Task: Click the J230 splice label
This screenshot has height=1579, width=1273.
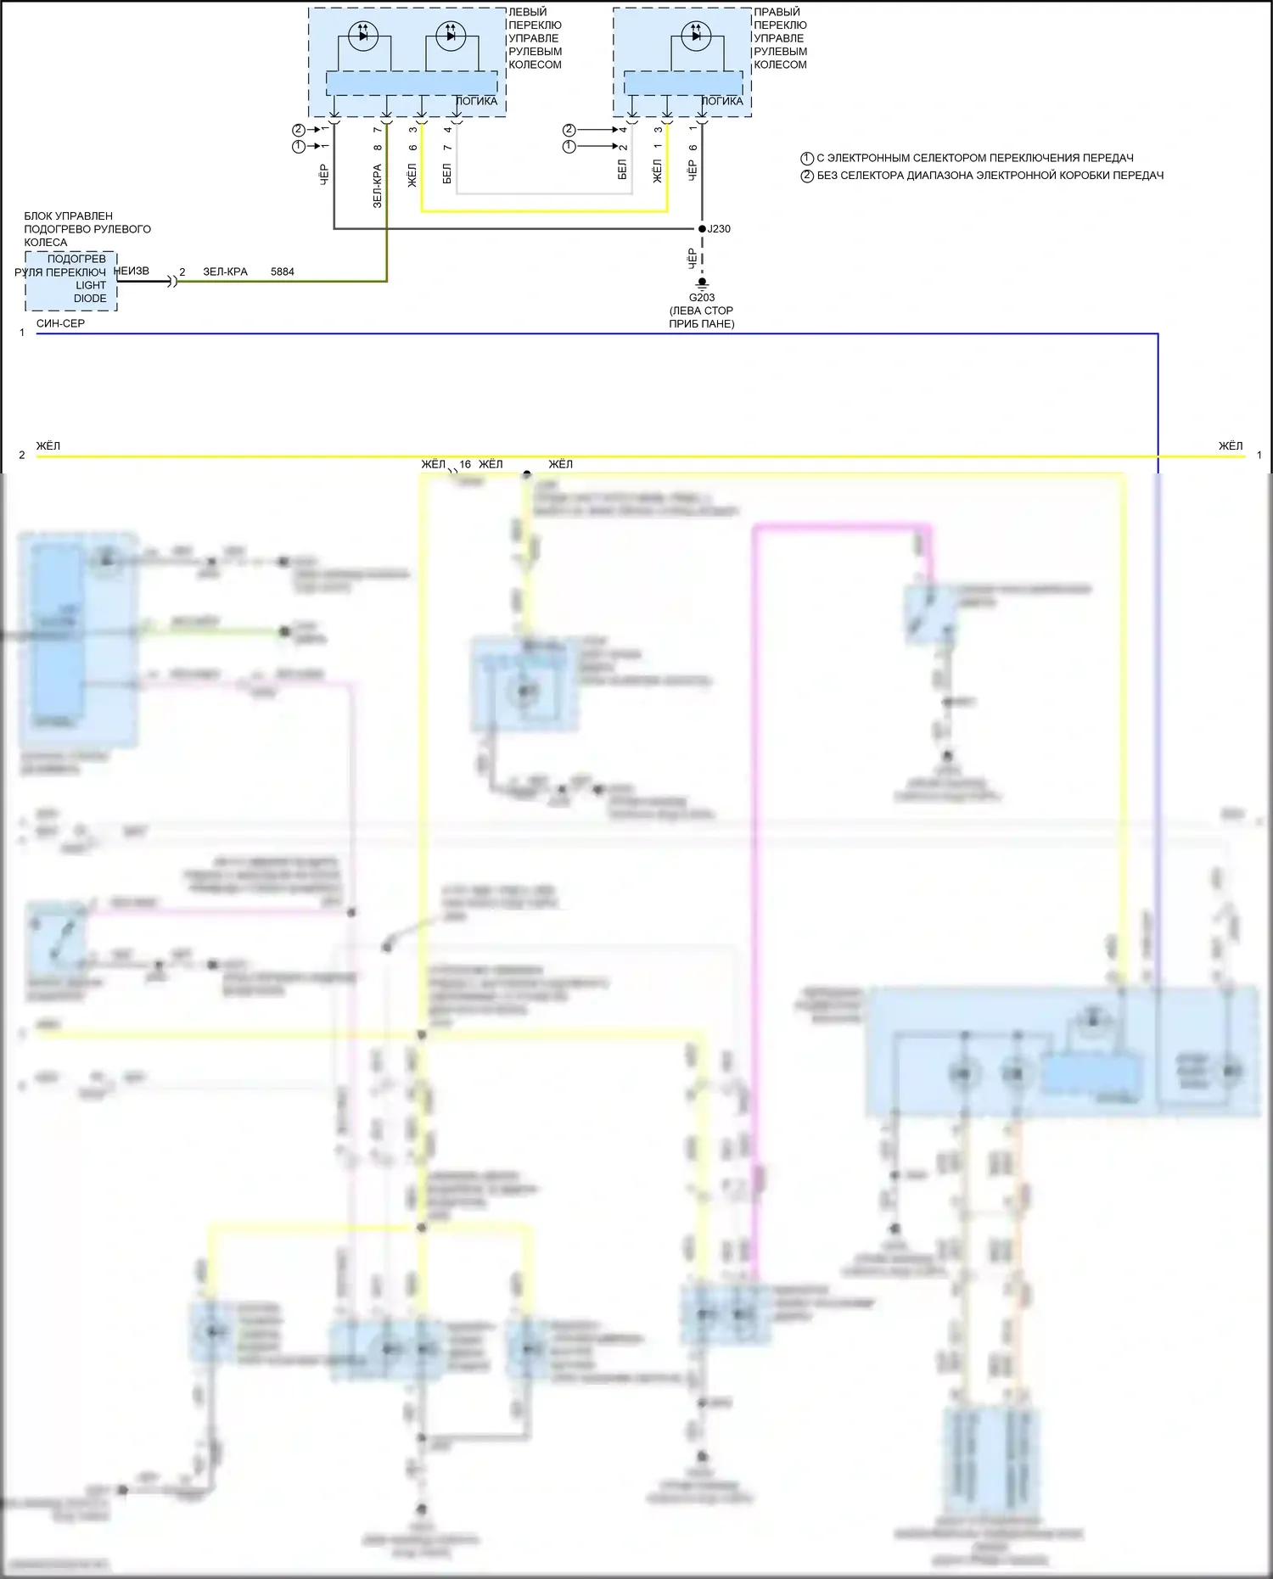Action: coord(720,229)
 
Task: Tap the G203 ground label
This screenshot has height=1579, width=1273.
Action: coord(702,298)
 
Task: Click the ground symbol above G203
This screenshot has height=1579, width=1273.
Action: coord(702,283)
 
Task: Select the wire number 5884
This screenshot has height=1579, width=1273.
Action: coord(283,272)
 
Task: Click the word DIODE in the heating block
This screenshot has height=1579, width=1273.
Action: coord(90,299)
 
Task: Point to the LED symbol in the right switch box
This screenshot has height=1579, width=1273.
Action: coord(696,36)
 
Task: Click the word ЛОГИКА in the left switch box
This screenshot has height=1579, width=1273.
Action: coord(477,101)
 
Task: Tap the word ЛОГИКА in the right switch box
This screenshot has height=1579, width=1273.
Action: coord(722,101)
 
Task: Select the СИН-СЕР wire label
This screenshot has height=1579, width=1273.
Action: coord(60,323)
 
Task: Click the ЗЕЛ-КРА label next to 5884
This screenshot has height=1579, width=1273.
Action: coord(225,272)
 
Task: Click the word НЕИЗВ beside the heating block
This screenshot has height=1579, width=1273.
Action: coord(132,272)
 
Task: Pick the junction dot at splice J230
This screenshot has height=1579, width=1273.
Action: coord(702,229)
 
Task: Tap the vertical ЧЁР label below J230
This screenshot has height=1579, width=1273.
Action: coord(692,258)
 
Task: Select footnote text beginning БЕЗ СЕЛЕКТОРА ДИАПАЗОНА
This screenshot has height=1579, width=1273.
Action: coord(990,176)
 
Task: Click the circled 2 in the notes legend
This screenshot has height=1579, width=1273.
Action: coord(807,176)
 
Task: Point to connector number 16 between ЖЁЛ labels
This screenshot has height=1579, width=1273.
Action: coord(465,465)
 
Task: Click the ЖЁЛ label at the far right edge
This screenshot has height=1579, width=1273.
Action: coord(1231,446)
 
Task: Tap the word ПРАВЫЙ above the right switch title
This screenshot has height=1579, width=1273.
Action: coord(777,12)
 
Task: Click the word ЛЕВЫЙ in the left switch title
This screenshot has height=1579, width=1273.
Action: coord(528,12)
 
